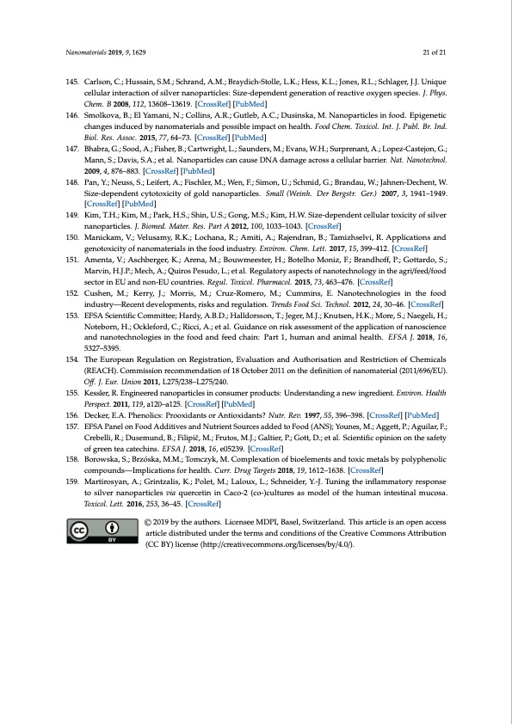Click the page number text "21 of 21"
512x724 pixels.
(x=435, y=53)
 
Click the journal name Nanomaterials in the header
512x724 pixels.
(x=84, y=53)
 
